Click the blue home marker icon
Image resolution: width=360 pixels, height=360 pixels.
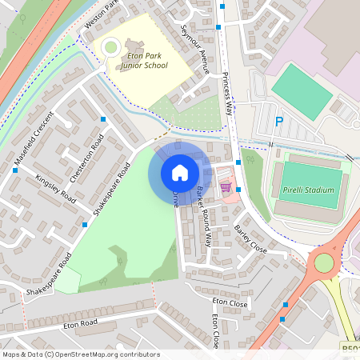tap(180, 172)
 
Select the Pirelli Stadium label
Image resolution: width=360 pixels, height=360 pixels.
tap(307, 191)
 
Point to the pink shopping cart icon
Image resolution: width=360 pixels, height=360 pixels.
tap(226, 187)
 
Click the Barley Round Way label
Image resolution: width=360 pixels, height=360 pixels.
tap(204, 215)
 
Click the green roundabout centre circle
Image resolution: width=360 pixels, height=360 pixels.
tap(324, 263)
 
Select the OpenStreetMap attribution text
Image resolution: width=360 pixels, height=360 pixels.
tap(81, 354)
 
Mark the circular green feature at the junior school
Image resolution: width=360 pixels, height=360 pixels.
tap(110, 48)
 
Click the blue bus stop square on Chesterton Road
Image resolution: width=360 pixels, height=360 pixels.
tap(103, 119)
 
